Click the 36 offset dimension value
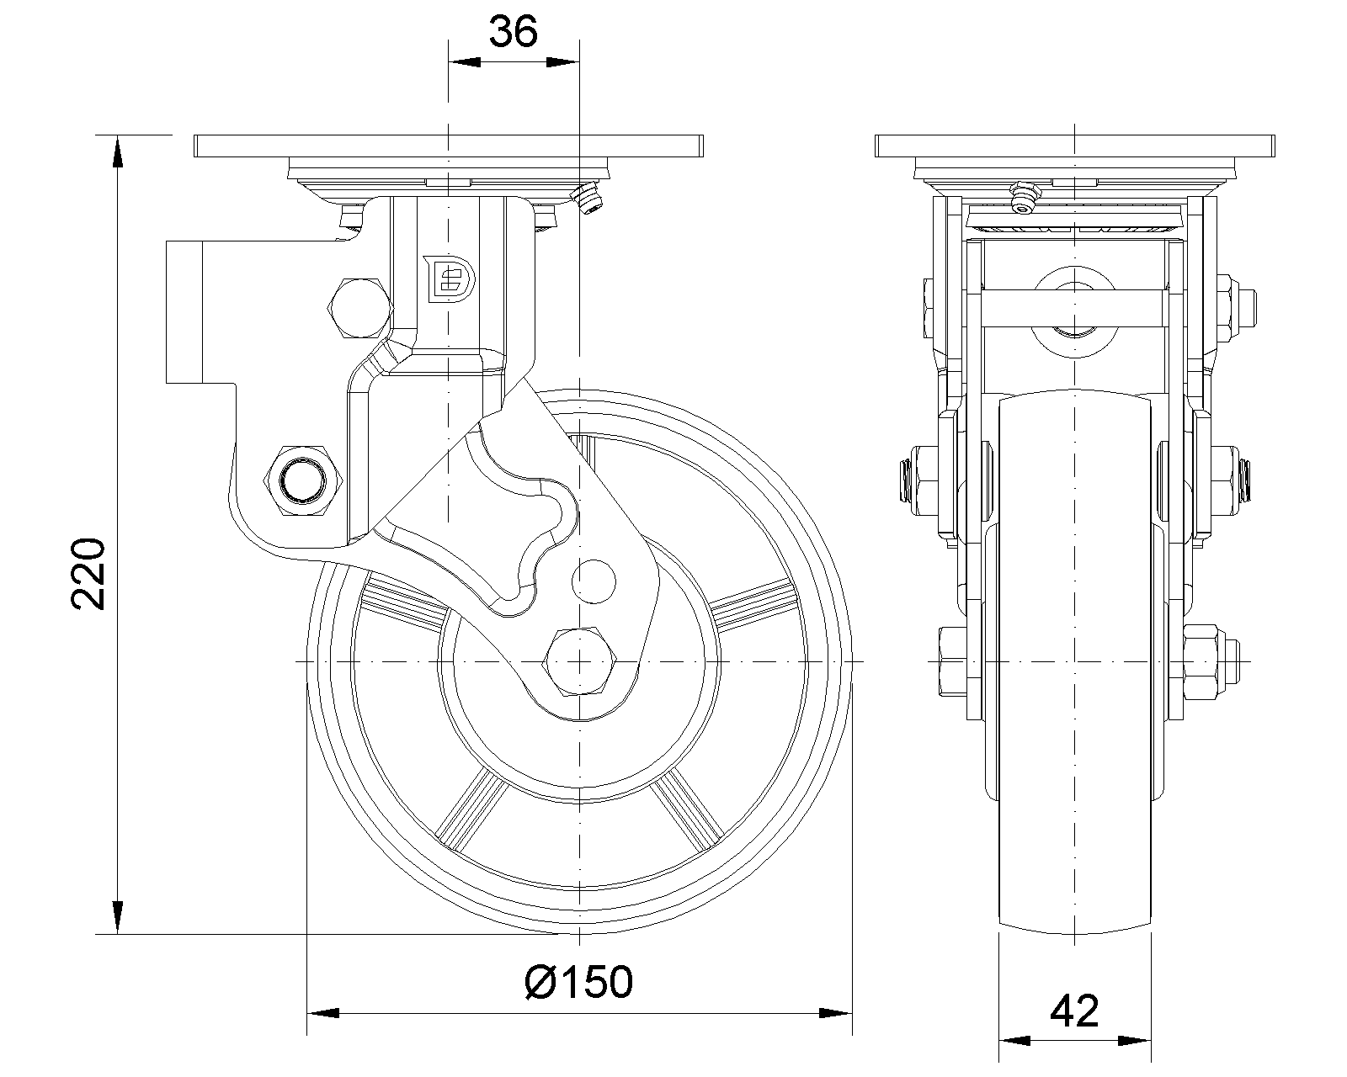pyautogui.click(x=514, y=33)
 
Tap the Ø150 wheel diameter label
pyautogui.click(x=578, y=981)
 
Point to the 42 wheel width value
pyautogui.click(x=1075, y=1011)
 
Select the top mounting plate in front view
pyautogui.click(x=1076, y=146)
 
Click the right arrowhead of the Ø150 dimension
pyautogui.click(x=838, y=1012)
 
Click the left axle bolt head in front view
pyautogui.click(x=948, y=663)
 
